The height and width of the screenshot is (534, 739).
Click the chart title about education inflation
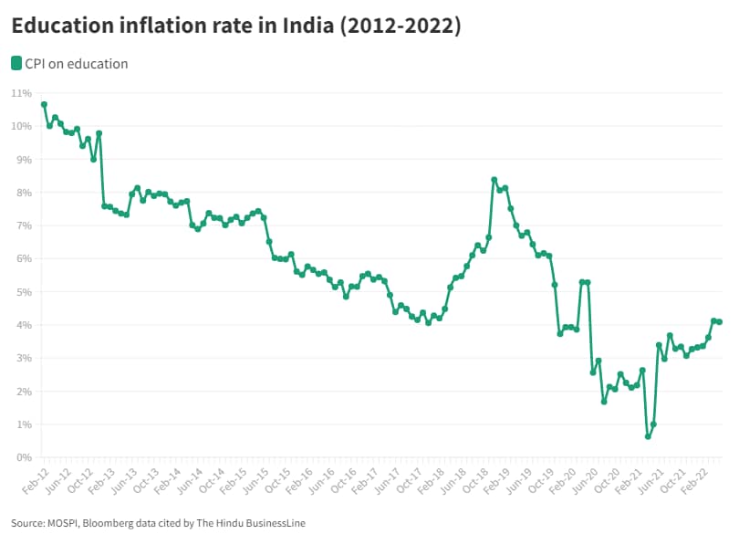click(236, 26)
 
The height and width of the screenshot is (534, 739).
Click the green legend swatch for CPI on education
click(16, 63)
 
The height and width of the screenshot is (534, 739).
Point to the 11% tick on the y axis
click(21, 93)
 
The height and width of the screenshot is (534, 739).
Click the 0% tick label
click(24, 457)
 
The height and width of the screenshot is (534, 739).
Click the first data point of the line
click(44, 104)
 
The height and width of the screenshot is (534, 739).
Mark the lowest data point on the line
click(648, 436)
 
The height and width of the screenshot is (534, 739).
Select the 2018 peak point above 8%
click(494, 180)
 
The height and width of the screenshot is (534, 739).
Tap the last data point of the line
click(720, 321)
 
